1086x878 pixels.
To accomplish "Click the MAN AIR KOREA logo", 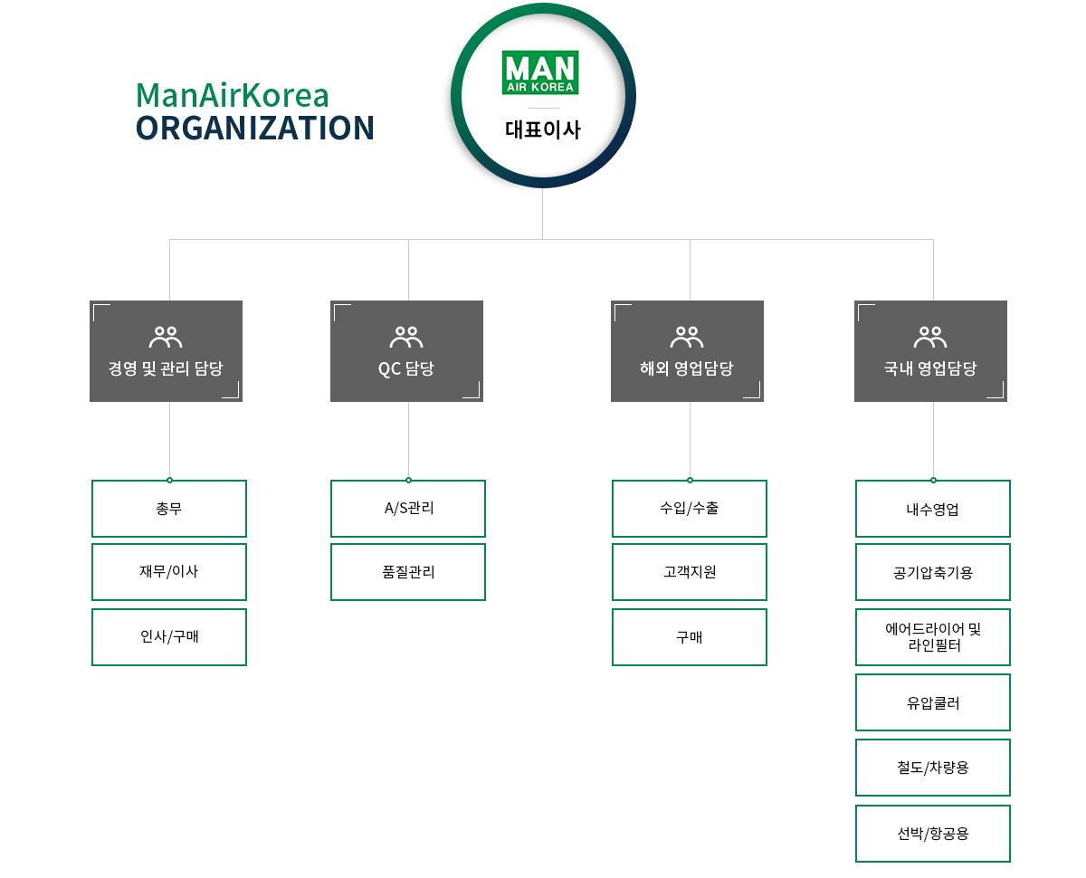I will [540, 73].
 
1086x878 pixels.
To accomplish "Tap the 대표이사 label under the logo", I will [542, 129].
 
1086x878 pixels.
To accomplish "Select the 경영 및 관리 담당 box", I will [166, 351].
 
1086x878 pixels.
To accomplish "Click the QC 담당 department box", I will [406, 351].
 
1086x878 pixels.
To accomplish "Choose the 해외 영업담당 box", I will [687, 351].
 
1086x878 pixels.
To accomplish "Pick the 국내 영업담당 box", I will [930, 351].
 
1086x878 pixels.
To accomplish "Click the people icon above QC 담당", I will [406, 338].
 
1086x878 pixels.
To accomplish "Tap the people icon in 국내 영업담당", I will [930, 338].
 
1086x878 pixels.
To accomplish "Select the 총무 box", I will [169, 509].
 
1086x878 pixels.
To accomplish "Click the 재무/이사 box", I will [169, 572].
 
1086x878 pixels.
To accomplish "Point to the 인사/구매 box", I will [169, 637].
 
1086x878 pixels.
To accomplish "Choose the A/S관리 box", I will [408, 509].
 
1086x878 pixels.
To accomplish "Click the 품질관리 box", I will [408, 572].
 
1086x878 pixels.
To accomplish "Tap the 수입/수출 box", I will [690, 509].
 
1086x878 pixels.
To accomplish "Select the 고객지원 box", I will [690, 572].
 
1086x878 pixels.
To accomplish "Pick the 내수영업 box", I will [933, 509].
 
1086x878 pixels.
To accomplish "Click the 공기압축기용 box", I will [933, 572].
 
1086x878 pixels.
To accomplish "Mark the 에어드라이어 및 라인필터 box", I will [933, 637].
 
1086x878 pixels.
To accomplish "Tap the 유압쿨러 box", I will [933, 702].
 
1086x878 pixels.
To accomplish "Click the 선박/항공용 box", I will [933, 834].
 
